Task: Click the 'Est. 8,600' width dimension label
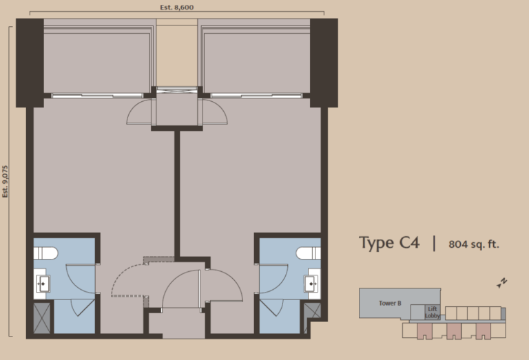click(176, 7)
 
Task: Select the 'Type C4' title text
click(389, 243)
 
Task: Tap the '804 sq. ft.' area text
click(473, 244)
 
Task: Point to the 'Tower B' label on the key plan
click(390, 303)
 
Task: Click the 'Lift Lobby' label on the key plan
click(433, 313)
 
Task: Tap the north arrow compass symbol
click(502, 282)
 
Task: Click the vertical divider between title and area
click(434, 243)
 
